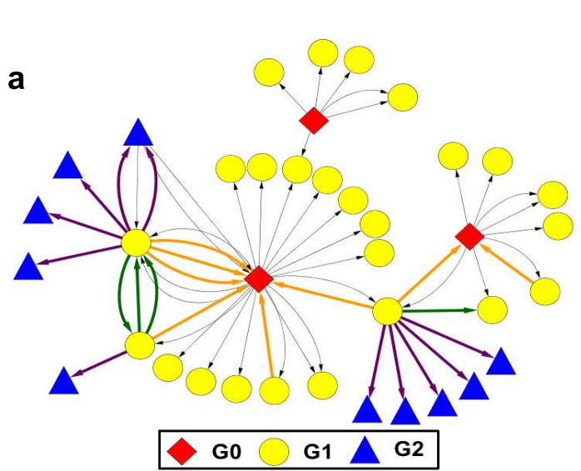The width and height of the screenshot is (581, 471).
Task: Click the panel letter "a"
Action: click(16, 81)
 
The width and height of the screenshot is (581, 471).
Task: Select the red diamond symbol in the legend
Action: click(181, 451)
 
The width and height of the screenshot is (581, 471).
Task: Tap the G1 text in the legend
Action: click(318, 452)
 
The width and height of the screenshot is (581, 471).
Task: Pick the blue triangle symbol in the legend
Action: click(365, 451)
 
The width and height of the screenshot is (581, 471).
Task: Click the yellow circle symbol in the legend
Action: click(274, 452)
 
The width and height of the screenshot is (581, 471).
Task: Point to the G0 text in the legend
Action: click(226, 452)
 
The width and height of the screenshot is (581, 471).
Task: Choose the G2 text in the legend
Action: click(409, 449)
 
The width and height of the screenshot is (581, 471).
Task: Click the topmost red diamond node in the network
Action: click(314, 121)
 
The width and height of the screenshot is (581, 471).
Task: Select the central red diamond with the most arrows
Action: click(259, 279)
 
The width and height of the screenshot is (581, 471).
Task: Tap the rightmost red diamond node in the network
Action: click(469, 236)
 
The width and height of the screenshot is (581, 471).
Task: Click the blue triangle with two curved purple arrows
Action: click(138, 132)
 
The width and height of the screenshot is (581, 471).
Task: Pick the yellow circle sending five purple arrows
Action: click(387, 311)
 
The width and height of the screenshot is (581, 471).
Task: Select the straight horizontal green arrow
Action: click(439, 311)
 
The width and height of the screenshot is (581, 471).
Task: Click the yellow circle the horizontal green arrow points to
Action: click(493, 310)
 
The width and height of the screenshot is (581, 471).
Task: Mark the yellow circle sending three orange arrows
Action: click(137, 243)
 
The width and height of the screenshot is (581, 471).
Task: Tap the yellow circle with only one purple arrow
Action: click(140, 345)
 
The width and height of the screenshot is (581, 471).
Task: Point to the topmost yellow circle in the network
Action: click(323, 52)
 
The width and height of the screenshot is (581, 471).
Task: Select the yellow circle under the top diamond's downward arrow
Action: click(297, 170)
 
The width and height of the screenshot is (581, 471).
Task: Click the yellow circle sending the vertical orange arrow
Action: click(275, 391)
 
